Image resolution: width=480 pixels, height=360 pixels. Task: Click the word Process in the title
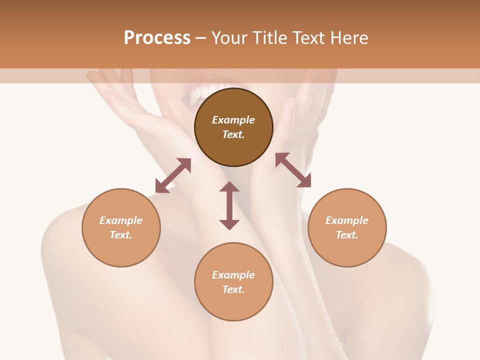pos(157,38)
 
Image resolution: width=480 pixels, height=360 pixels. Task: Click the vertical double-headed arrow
pos(229,206)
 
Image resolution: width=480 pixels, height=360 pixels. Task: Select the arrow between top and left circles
pos(173,175)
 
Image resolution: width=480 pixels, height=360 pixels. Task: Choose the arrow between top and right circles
pos(293,170)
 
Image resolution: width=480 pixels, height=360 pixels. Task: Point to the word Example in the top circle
pos(233,120)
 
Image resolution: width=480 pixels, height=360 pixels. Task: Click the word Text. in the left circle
pos(121,235)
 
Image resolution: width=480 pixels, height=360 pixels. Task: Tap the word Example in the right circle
pos(347,220)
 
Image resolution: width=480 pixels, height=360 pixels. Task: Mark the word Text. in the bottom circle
pos(233,289)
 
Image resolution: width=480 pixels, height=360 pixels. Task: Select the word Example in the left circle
pos(121,220)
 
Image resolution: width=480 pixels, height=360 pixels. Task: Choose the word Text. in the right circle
pos(347,235)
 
